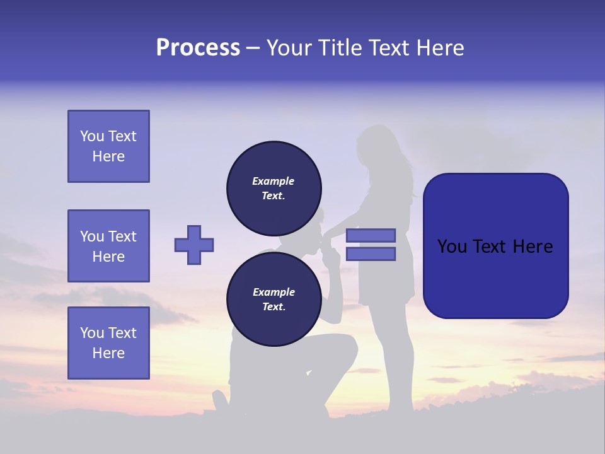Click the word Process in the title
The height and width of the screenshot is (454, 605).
click(198, 48)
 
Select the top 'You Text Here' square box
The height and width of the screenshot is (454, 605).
click(108, 146)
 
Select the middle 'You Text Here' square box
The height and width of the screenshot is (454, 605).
click(108, 246)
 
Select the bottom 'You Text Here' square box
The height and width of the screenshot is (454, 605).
click(108, 342)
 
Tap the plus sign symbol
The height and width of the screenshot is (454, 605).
click(194, 245)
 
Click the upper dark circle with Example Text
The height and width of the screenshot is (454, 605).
click(274, 188)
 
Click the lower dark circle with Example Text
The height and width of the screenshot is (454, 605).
click(274, 299)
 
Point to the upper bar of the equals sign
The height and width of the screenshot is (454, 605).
click(371, 235)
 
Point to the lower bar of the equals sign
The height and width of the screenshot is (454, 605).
click(371, 253)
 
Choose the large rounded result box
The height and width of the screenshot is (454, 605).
click(495, 246)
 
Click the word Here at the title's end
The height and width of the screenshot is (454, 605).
click(441, 48)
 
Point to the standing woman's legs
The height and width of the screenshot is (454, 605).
click(391, 359)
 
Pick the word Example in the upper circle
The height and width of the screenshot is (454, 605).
click(274, 181)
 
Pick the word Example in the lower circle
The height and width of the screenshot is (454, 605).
click(274, 292)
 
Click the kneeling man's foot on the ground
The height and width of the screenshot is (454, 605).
click(221, 400)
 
